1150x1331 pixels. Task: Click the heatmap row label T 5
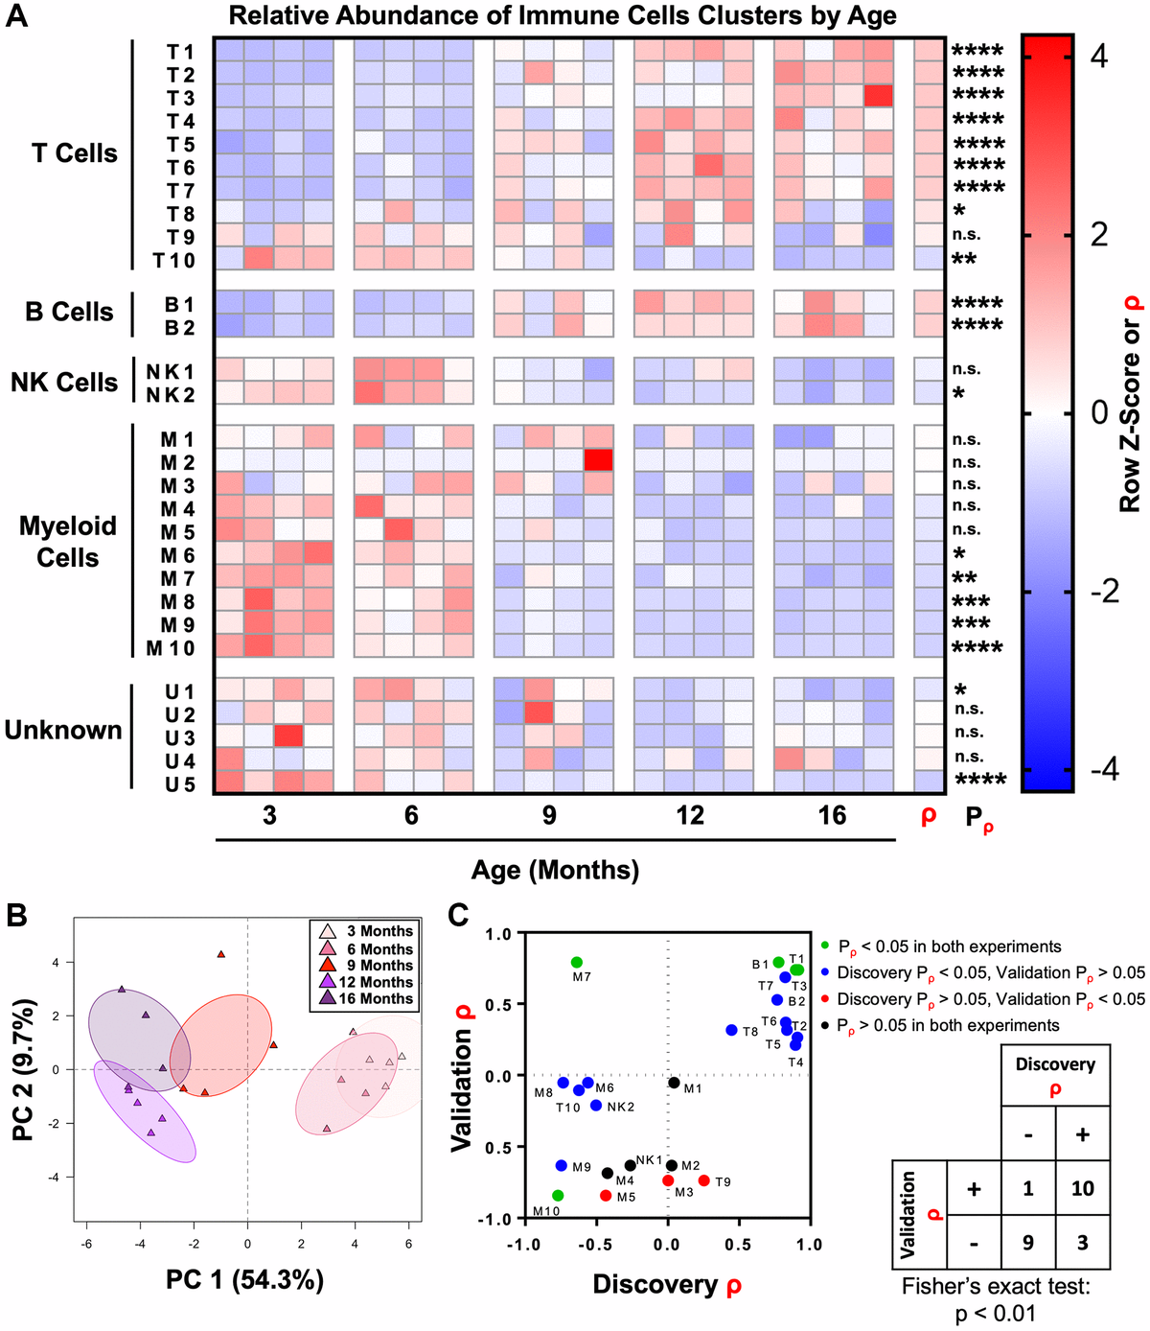click(180, 145)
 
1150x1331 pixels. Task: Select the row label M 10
click(171, 648)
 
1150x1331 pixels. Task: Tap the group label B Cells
click(69, 312)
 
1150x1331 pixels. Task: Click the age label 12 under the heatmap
click(690, 815)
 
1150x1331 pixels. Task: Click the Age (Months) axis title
click(555, 870)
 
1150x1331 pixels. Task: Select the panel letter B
click(16, 916)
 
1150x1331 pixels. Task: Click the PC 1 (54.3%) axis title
click(244, 1280)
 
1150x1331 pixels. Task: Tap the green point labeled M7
click(577, 962)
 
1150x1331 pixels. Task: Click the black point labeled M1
click(675, 1083)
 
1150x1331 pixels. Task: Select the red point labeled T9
click(704, 1180)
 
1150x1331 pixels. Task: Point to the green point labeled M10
click(558, 1196)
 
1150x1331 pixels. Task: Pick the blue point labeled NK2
click(596, 1106)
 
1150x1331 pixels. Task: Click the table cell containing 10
click(1082, 1189)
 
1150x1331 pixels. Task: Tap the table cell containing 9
click(1027, 1243)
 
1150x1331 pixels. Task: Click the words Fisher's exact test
click(996, 1286)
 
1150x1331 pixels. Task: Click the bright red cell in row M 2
click(598, 460)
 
